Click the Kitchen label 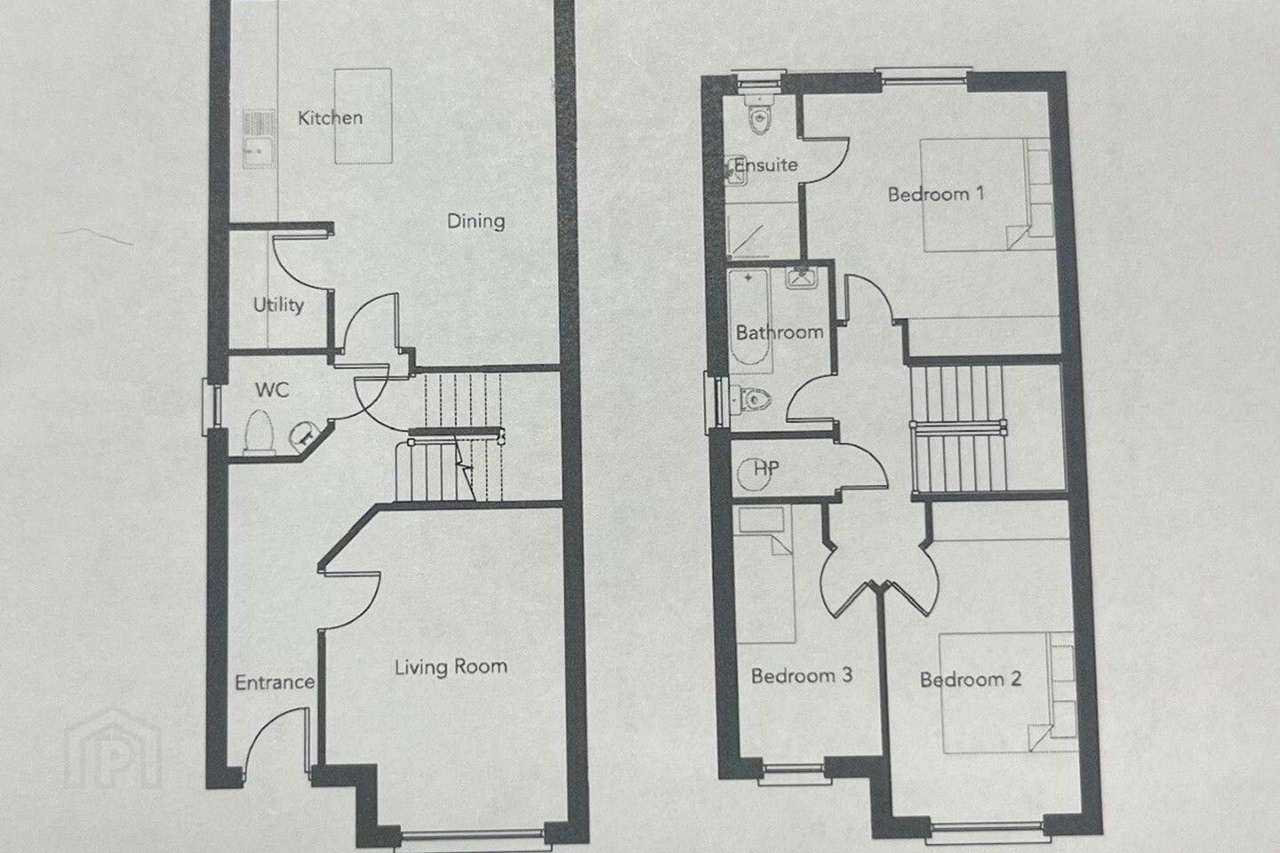331,118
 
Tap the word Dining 476,221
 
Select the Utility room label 278,305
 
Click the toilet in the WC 259,433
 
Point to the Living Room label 451,666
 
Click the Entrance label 275,682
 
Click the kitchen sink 259,140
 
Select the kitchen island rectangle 364,116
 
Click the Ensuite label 765,165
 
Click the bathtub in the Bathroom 750,318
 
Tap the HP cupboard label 765,469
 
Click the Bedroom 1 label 935,195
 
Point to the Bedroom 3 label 801,676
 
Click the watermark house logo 113,748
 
